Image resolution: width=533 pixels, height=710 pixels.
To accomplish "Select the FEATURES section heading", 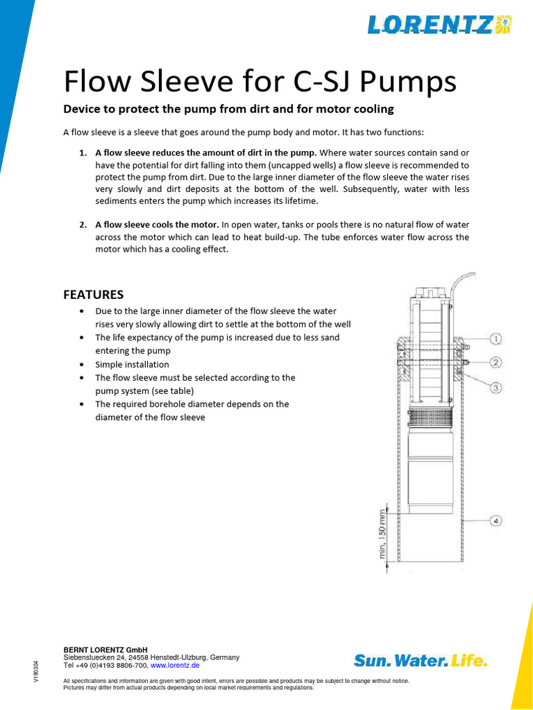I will pyautogui.click(x=93, y=294).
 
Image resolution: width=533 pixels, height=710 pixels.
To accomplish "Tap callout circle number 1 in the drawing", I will pyautogui.click(x=496, y=339).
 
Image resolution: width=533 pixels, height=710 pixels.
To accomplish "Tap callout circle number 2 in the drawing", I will pyautogui.click(x=496, y=362).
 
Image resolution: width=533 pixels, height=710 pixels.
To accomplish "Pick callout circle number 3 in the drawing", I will pyautogui.click(x=496, y=388).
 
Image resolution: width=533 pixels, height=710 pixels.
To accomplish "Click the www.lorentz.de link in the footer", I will pyautogui.click(x=175, y=665).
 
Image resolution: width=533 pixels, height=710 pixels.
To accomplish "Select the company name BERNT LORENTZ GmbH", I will pyautogui.click(x=105, y=650).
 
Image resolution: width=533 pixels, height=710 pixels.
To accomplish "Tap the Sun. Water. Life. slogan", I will pyautogui.click(x=421, y=661).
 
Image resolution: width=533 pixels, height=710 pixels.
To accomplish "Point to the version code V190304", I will pyautogui.click(x=36, y=671).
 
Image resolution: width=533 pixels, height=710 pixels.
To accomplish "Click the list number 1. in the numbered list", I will pyautogui.click(x=83, y=153).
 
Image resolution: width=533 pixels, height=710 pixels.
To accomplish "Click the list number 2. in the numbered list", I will pyautogui.click(x=83, y=225).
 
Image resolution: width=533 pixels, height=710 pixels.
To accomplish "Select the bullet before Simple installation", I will pyautogui.click(x=83, y=365).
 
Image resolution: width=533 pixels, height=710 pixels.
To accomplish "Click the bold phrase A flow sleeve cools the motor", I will pyautogui.click(x=157, y=225).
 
